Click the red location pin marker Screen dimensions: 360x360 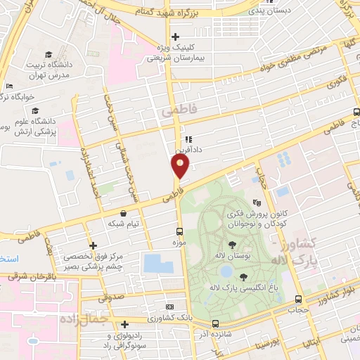coord(181,167)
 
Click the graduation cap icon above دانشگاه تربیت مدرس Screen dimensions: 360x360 coord(49,55)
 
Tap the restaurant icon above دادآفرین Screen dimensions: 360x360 coord(188,139)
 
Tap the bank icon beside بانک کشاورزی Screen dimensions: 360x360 coord(169,307)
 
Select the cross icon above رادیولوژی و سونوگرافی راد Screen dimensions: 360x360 coord(124,324)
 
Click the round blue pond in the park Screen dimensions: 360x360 coord(226,270)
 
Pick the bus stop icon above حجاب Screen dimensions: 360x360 coord(299,299)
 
